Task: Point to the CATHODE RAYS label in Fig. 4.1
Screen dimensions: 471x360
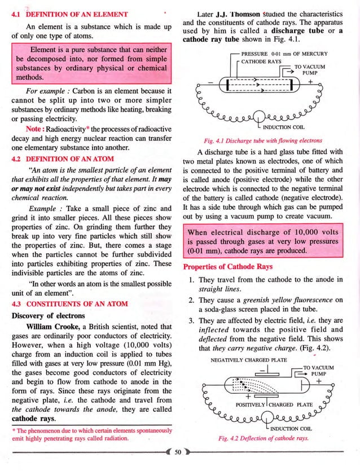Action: pyautogui.click(x=265, y=63)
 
